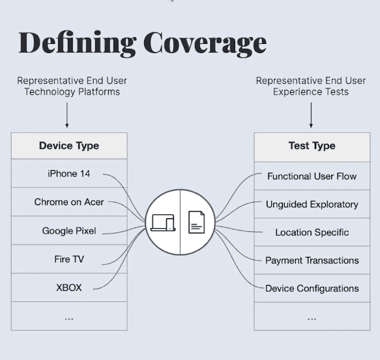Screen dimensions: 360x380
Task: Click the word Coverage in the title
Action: pos(205,43)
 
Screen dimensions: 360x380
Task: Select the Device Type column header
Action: pos(69,146)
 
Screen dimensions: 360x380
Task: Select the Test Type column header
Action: pos(312,146)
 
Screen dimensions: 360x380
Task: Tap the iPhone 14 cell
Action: pos(69,174)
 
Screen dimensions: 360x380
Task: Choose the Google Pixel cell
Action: pos(69,231)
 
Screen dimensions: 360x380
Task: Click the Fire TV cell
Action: pos(69,259)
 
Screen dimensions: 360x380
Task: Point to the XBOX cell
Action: pos(69,287)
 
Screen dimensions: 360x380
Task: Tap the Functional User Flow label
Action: pos(312,176)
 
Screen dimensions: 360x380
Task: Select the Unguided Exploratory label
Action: pos(312,204)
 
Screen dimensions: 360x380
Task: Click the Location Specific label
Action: pos(312,232)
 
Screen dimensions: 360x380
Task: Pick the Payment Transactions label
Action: pos(312,261)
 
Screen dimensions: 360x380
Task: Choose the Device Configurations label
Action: pos(312,289)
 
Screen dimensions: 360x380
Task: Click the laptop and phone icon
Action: pos(163,223)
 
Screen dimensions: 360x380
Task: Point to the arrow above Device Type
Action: pos(67,115)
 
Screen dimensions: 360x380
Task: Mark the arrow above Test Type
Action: pos(311,115)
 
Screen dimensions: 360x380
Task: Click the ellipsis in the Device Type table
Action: pos(69,317)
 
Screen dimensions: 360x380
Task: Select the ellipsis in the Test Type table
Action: pos(312,317)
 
